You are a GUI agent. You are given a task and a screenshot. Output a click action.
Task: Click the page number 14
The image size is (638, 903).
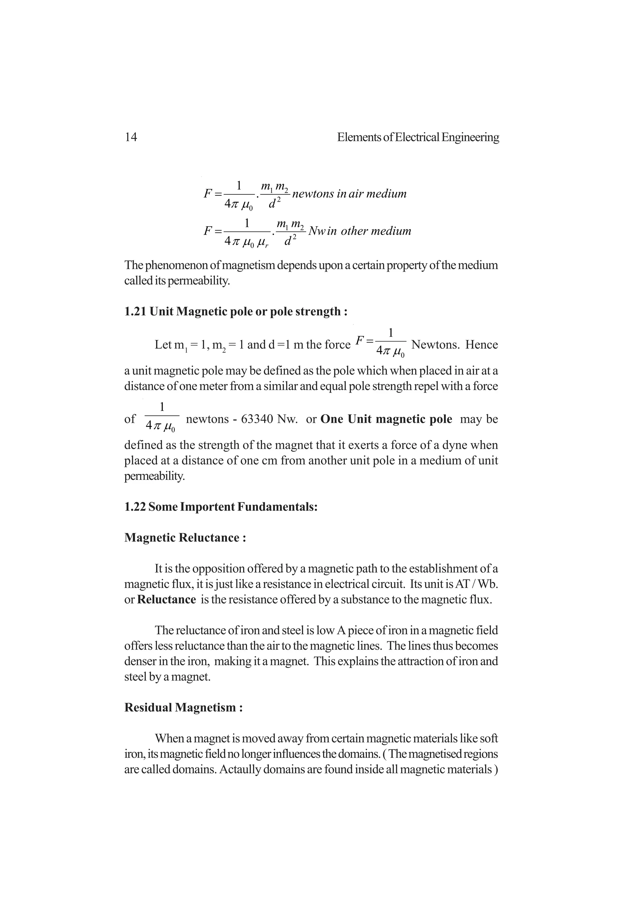(131, 137)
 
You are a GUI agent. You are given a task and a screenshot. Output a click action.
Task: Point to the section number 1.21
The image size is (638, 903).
(135, 312)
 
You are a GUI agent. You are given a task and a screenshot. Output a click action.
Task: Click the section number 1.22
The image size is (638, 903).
(135, 507)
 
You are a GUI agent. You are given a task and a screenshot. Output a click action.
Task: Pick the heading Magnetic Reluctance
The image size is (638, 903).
(185, 537)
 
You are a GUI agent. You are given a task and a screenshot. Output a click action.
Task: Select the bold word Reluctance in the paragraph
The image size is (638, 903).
(166, 600)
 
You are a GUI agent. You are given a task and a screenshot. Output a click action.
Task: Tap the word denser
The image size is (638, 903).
(140, 661)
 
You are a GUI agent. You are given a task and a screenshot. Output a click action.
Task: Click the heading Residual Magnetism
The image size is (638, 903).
(183, 708)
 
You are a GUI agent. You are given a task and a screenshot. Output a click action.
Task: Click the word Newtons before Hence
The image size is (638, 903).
(435, 345)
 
